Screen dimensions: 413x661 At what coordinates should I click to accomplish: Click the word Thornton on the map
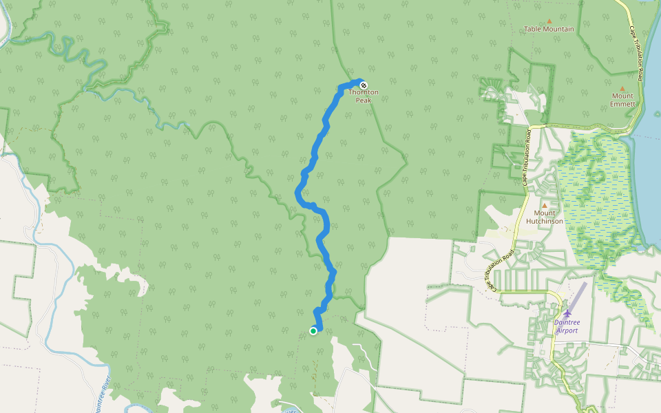point(363,92)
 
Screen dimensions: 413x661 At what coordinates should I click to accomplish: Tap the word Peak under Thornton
point(363,100)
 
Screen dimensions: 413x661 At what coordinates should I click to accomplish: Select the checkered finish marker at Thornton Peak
point(364,85)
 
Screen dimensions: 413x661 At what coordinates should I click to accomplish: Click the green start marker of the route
point(313,331)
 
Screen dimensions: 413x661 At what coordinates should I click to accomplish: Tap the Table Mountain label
point(549,29)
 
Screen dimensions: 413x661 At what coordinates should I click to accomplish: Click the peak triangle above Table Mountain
point(549,21)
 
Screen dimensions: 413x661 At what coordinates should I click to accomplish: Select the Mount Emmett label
point(622,100)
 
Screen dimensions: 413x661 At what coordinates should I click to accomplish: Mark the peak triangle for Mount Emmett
point(622,88)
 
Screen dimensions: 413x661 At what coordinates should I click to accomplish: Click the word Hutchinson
point(545,221)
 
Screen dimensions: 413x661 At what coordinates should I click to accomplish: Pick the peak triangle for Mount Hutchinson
point(545,205)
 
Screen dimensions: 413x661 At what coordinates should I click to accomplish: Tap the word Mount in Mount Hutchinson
point(545,213)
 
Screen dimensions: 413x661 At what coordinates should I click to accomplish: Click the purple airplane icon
point(567,314)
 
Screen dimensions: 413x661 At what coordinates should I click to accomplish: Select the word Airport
point(567,330)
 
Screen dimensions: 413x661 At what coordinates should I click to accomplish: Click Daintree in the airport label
point(567,323)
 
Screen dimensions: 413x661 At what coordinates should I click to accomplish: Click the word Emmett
point(622,104)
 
